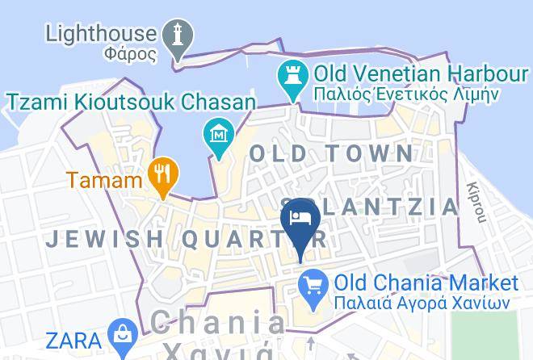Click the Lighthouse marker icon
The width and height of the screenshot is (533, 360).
tap(178, 35)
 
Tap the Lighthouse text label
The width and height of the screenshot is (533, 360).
tap(101, 34)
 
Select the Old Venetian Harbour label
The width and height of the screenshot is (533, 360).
tap(420, 75)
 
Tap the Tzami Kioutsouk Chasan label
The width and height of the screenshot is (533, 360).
tap(131, 102)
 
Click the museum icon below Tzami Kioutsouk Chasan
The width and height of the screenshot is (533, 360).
tap(217, 132)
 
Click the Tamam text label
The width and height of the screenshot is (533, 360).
tap(105, 179)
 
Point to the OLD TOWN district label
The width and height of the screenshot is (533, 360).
tap(331, 153)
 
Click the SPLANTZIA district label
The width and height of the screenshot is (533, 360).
tap(371, 206)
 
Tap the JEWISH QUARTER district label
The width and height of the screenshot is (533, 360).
tap(186, 239)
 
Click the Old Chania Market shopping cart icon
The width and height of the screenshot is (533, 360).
tap(312, 284)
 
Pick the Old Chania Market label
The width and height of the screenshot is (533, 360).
tap(426, 283)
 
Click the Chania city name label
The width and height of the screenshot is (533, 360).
tap(218, 324)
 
